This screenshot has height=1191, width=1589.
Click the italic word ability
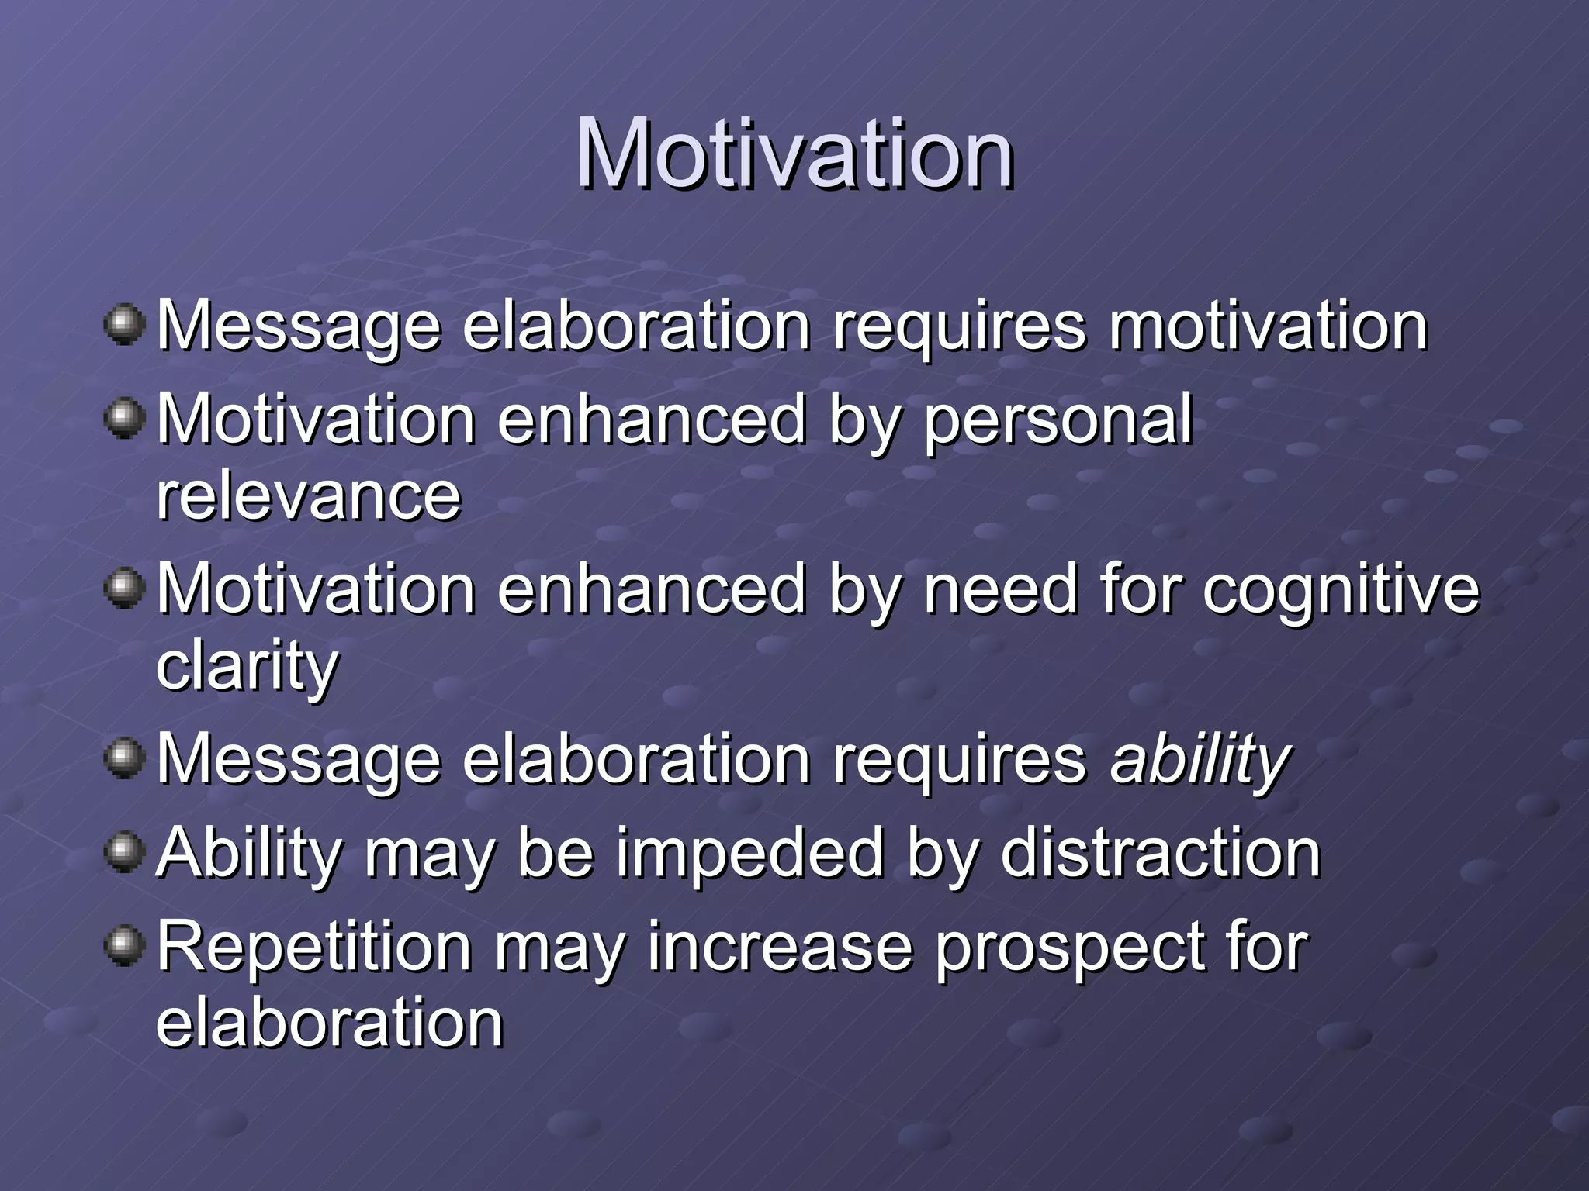click(x=1200, y=760)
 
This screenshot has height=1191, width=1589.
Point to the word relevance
click(x=309, y=496)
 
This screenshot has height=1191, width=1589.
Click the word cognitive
click(x=1341, y=590)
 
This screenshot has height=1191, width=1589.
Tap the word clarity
click(x=247, y=667)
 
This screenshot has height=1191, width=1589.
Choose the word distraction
click(x=1160, y=854)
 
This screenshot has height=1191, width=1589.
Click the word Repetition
click(x=314, y=948)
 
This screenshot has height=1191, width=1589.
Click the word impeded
click(x=750, y=854)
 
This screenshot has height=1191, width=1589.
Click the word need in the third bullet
click(x=1001, y=590)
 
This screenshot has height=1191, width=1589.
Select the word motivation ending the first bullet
click(x=1268, y=326)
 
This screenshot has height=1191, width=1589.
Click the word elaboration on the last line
click(x=330, y=1024)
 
